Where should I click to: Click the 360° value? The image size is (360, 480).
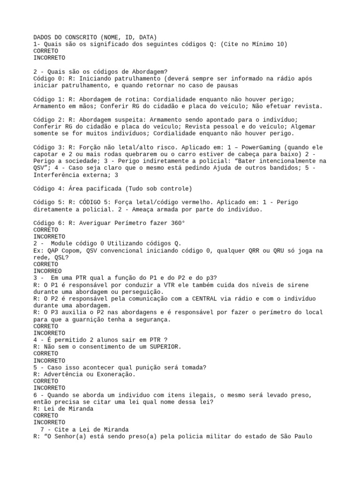pyautogui.click(x=176, y=223)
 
